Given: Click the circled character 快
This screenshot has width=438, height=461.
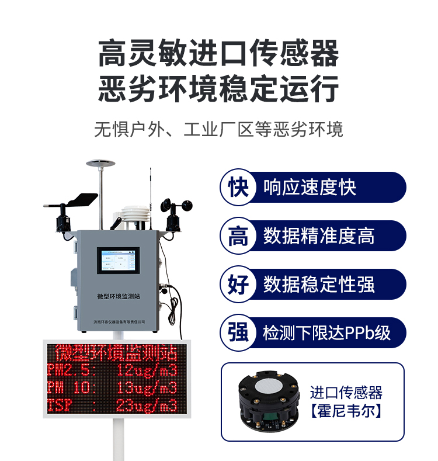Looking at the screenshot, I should [238, 188].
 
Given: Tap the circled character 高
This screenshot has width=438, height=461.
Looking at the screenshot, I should [238, 236].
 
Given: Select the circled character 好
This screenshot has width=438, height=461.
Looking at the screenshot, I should [238, 285].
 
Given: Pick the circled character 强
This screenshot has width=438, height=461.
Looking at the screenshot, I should [238, 333].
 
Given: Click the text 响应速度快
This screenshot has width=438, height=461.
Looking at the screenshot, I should [310, 188].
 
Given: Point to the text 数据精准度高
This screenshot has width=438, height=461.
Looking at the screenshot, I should [318, 236].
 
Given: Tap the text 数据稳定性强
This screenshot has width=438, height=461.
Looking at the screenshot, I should [318, 285].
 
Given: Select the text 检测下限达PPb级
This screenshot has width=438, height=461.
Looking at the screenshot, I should [326, 333].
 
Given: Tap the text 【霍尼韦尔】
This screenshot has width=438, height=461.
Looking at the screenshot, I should [346, 411].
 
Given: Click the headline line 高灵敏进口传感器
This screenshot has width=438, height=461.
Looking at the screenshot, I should [218, 54].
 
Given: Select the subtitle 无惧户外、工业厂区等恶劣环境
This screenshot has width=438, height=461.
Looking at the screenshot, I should [218, 129].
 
